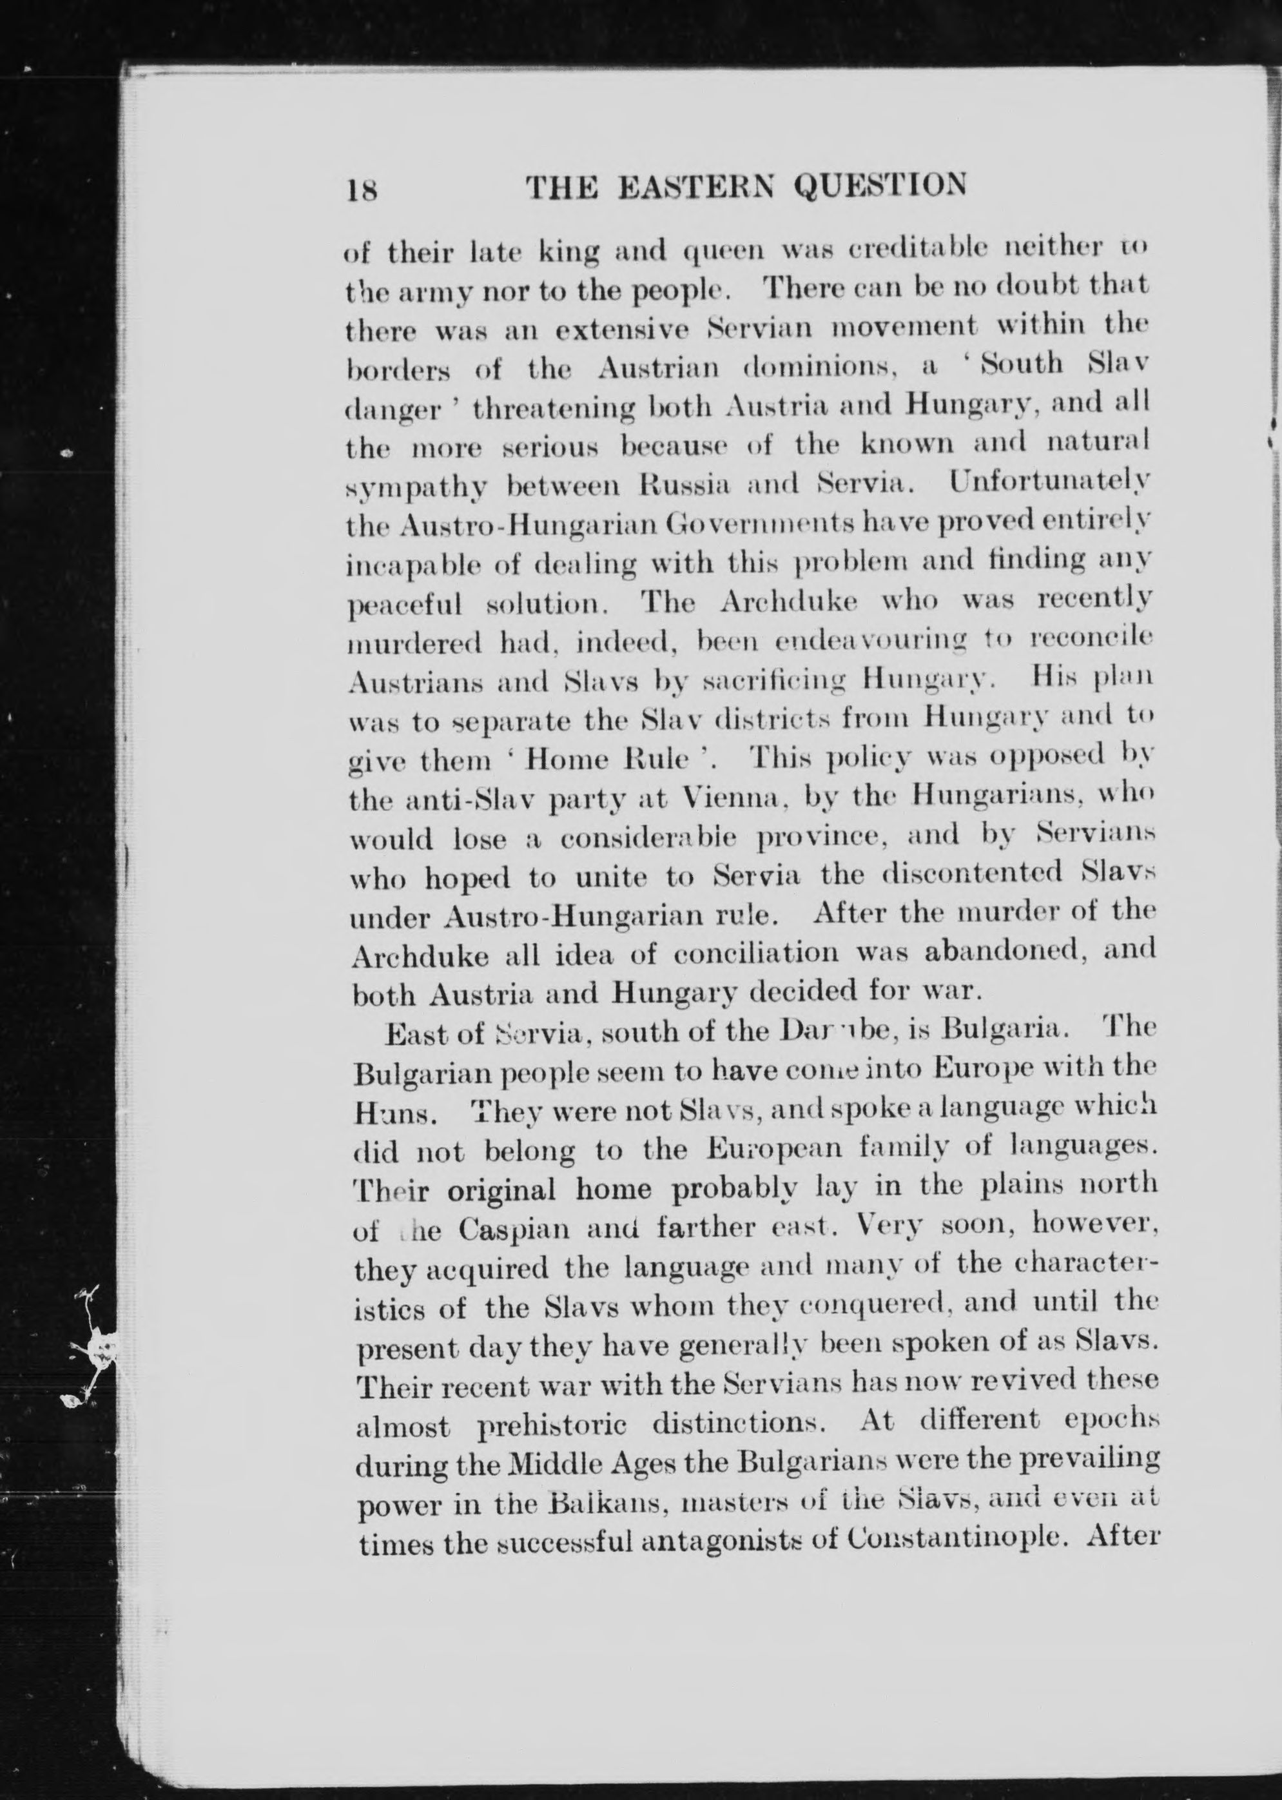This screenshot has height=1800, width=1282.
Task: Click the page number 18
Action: point(361,190)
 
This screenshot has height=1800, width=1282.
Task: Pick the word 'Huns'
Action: point(384,1114)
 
